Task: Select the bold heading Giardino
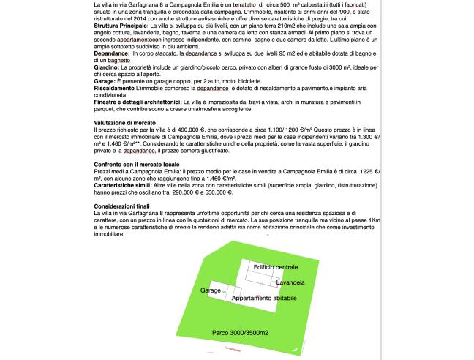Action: [107, 66]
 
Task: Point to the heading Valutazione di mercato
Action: [124, 122]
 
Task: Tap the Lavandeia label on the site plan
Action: [290, 281]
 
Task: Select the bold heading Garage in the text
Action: [106, 80]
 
